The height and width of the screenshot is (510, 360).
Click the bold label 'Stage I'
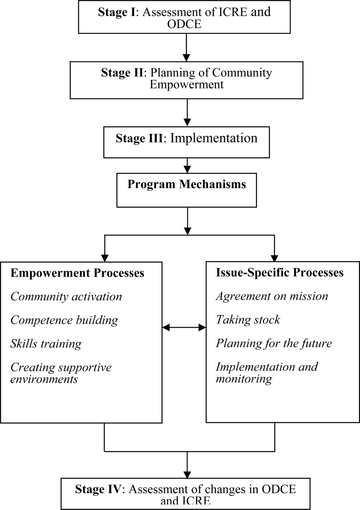116,12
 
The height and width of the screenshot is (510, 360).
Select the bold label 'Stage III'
139,138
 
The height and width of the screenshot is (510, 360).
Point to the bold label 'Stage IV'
98,489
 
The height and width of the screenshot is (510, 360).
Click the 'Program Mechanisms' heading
187,184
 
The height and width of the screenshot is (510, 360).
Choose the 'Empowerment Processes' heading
77,273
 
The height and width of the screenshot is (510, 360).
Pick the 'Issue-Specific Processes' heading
279,272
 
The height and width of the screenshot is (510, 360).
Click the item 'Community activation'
66,297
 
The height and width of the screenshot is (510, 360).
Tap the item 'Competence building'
64,320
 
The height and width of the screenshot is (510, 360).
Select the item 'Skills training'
46,344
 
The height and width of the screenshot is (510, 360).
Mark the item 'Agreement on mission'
272,296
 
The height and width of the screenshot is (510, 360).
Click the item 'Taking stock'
248,320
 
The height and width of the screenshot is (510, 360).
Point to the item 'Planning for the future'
274,343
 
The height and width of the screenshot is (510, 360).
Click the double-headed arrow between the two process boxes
184,327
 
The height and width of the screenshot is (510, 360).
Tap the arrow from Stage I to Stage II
187,47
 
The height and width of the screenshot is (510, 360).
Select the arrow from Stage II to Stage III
187,113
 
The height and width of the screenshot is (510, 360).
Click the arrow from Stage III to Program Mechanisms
187,165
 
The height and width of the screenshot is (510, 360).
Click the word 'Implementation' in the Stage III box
214,138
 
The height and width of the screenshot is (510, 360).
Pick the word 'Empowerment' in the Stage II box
187,85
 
